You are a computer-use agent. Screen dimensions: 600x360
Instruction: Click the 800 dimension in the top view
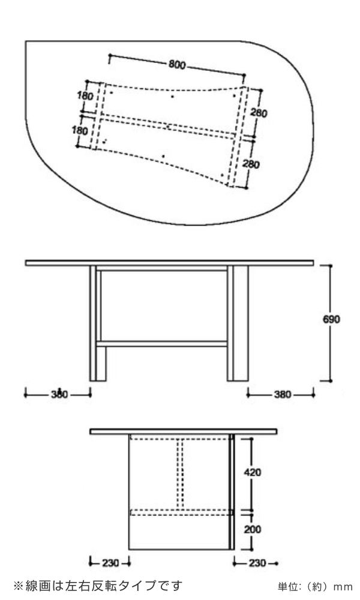(176, 65)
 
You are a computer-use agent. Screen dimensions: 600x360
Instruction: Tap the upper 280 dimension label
(259, 112)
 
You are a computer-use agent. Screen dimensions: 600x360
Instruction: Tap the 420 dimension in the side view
(252, 472)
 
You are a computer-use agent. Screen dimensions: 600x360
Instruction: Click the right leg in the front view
(238, 324)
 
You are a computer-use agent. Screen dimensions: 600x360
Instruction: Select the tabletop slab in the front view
(170, 262)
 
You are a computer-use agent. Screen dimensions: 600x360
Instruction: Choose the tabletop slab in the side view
(183, 431)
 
